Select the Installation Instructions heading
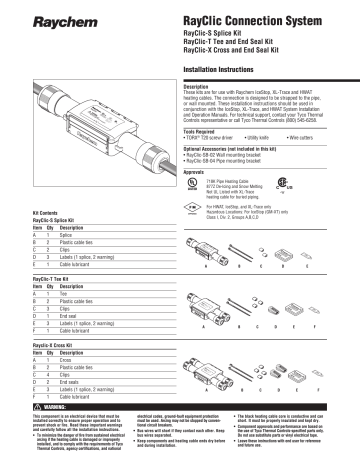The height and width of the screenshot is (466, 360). tap(229, 73)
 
